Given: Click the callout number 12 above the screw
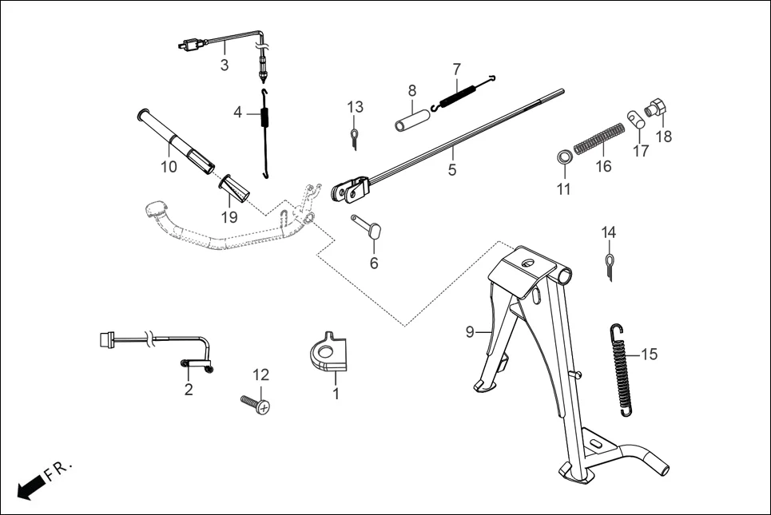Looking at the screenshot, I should pos(261,374).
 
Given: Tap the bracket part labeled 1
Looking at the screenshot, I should pos(328,355).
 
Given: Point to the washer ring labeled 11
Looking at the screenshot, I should pos(564,156).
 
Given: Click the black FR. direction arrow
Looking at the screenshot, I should pos(31,486).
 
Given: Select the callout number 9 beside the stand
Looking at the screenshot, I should pos(470,330).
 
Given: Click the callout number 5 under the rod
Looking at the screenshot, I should pos(451,169).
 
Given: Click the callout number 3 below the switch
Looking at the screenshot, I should pos(225,65).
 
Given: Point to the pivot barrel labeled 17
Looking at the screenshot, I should pos(635,120).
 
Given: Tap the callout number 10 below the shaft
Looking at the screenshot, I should pos(169,167).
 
